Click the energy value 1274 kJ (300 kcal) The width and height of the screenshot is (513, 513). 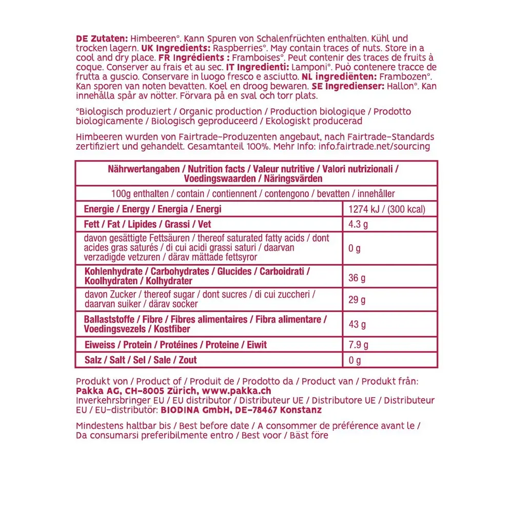point(386,209)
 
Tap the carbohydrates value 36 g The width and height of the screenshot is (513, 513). point(357,278)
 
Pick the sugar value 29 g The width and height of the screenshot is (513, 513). point(357,300)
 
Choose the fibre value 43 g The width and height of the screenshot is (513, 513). point(357,324)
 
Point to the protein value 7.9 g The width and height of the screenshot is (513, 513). point(359,345)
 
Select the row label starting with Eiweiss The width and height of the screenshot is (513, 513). point(175,345)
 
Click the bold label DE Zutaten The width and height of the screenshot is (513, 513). point(102,38)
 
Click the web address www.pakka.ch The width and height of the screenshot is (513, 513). point(242,391)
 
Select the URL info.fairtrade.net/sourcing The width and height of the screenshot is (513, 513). point(374,146)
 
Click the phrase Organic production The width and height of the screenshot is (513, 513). point(221,111)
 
